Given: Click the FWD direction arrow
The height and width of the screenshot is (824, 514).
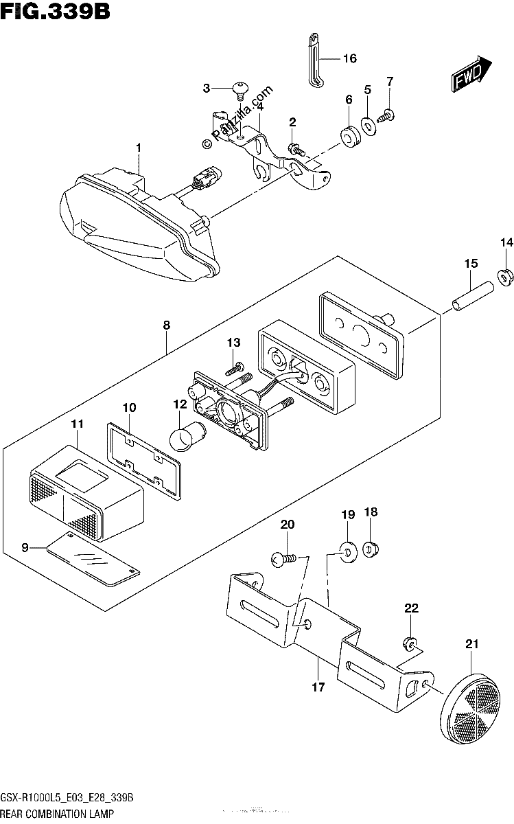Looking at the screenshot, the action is pyautogui.click(x=471, y=73).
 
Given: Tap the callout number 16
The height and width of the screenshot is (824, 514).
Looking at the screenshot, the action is pyautogui.click(x=350, y=58).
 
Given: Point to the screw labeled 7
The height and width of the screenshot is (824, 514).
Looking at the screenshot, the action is pyautogui.click(x=385, y=115).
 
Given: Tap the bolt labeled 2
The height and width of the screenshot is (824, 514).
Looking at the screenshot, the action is pyautogui.click(x=296, y=149).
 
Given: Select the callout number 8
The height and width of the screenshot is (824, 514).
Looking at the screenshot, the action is pyautogui.click(x=167, y=325).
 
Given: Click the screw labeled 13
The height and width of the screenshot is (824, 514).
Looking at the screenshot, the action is pyautogui.click(x=234, y=368).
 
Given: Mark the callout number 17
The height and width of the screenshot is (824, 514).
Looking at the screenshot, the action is pyautogui.click(x=318, y=687).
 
